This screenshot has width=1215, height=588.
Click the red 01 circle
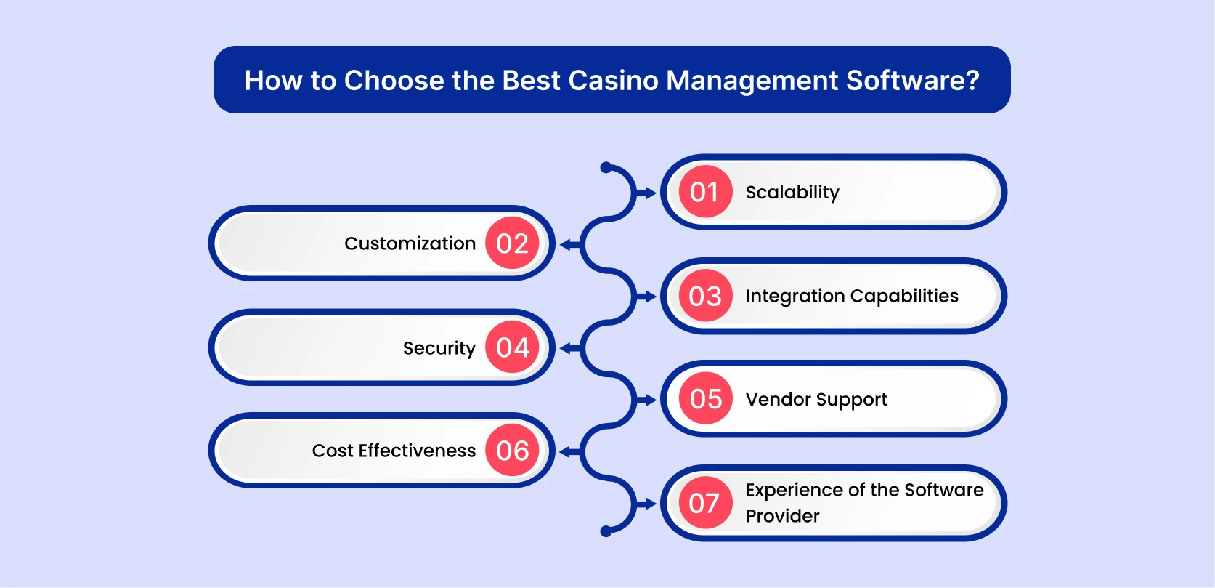point(705,192)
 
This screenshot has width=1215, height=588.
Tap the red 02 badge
point(512,243)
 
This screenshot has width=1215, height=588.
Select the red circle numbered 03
point(705,296)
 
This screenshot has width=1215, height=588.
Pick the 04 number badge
point(512,347)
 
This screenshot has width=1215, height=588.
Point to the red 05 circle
point(705,399)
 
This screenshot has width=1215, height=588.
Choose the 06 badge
point(512,451)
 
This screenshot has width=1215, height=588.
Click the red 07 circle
point(705,503)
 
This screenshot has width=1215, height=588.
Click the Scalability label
point(792,193)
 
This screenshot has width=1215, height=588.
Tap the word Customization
point(410,243)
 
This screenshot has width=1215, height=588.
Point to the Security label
point(439,348)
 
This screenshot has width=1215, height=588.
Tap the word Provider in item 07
point(782,516)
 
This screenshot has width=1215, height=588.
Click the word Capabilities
point(904,297)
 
